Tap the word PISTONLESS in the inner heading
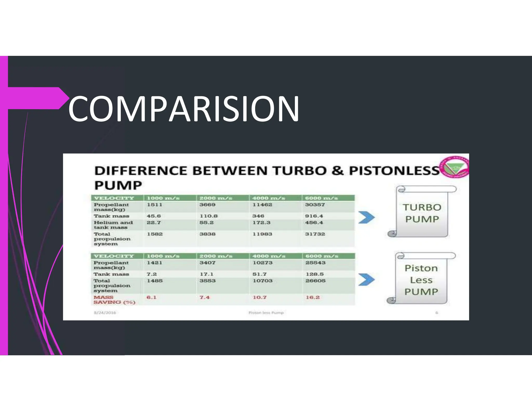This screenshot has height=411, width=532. tap(394, 171)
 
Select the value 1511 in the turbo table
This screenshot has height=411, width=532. tap(155, 205)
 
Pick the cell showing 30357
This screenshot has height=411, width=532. tap(315, 205)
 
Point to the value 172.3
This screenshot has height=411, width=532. tap(261, 223)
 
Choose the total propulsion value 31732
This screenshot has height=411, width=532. tap(315, 234)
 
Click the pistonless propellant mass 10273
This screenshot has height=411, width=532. tap(263, 263)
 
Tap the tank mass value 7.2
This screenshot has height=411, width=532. tap(152, 274)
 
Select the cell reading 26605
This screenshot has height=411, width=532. tap(315, 281)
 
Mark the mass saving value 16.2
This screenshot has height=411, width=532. tap(312, 297)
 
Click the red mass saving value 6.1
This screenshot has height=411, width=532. tap(151, 297)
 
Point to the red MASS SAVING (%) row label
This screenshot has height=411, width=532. tap(114, 300)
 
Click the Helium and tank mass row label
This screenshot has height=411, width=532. tap(113, 225)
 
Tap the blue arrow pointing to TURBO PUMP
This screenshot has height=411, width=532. tap(367, 217)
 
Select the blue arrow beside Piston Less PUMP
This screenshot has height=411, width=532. tap(367, 280)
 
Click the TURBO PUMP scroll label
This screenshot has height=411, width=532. tap(422, 213)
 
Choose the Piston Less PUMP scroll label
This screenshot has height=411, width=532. tap(421, 280)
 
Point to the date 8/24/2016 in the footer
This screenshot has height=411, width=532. tap(105, 313)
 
